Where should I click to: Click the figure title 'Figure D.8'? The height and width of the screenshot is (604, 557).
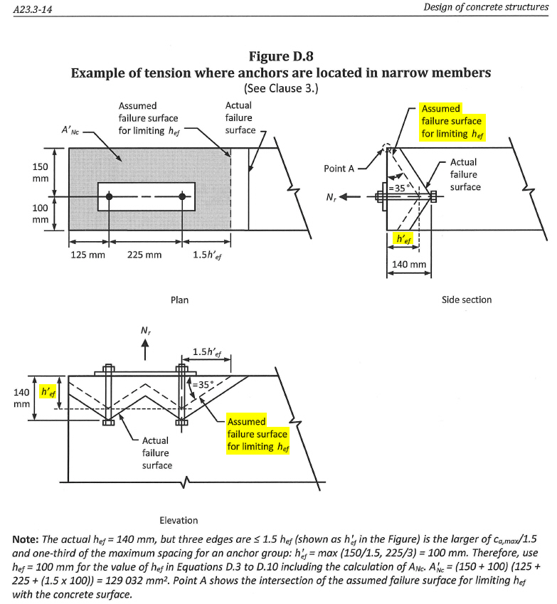click(281, 56)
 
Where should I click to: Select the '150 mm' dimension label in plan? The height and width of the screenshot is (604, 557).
click(40, 173)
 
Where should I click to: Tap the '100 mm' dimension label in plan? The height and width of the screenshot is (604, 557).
click(40, 214)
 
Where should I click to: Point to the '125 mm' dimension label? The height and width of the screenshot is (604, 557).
click(87, 255)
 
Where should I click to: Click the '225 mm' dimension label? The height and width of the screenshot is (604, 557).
click(144, 255)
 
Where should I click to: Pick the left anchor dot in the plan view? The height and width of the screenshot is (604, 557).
click(109, 196)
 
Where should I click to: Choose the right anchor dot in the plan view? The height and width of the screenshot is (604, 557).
click(182, 196)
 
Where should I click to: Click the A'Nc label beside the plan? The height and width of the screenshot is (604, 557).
click(70, 130)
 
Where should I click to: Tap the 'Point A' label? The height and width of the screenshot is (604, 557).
click(339, 169)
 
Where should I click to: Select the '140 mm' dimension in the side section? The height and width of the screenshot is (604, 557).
click(409, 265)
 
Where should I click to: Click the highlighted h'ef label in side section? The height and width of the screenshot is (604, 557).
click(403, 239)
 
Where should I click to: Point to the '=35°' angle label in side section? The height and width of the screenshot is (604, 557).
click(397, 189)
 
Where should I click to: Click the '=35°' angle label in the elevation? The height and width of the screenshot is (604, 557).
click(201, 384)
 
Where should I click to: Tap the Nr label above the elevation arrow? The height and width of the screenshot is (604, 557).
click(146, 331)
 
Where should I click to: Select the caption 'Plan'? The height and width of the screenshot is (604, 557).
click(179, 300)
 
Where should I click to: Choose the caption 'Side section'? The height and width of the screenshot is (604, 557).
click(467, 300)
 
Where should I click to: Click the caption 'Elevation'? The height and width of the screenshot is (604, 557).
click(179, 521)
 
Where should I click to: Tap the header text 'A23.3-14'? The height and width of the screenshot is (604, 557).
click(33, 9)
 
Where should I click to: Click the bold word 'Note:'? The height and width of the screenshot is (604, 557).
click(26, 539)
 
